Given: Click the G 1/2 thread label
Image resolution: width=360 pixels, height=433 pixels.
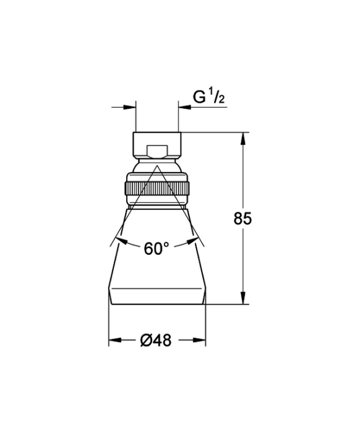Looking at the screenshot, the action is pyautogui.click(x=208, y=97).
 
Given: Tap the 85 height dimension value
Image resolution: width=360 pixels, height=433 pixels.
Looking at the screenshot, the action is pyautogui.click(x=242, y=219).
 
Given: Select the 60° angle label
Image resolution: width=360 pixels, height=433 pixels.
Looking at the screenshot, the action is pyautogui.click(x=156, y=249).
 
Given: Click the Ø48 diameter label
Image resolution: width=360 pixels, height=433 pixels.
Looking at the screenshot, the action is pyautogui.click(x=156, y=340).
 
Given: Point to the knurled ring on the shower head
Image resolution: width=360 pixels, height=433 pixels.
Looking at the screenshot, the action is pyautogui.click(x=157, y=189).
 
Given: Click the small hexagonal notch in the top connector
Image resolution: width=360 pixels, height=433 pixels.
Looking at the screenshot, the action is pyautogui.click(x=157, y=152).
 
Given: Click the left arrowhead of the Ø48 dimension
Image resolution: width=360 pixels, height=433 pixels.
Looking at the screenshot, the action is pyautogui.click(x=115, y=340).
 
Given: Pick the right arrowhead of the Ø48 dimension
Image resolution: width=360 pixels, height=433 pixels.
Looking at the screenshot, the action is pyautogui.click(x=199, y=340).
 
